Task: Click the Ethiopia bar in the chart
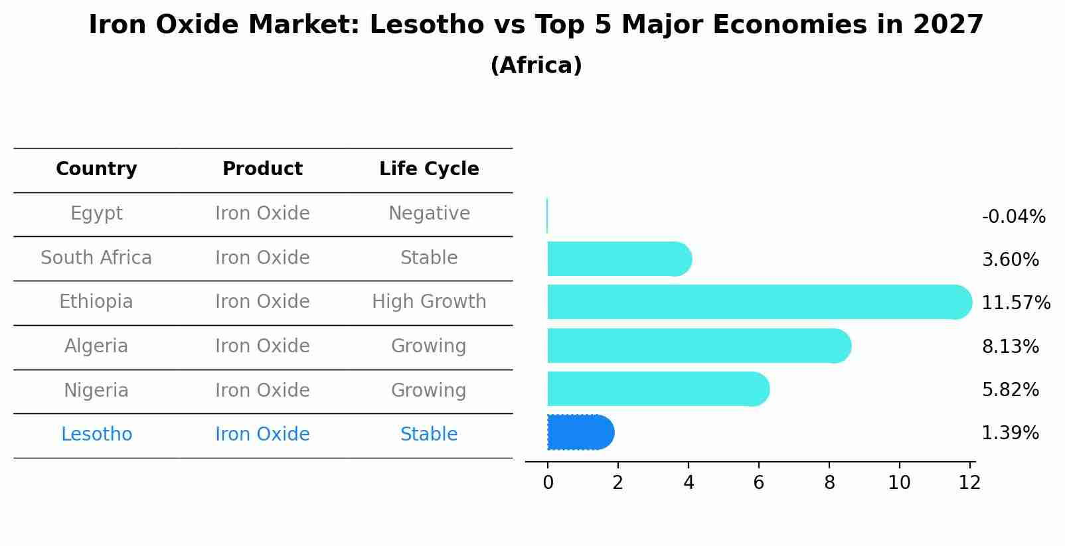click(x=757, y=302)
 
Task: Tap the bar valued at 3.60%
click(x=617, y=259)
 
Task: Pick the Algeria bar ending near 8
click(x=697, y=346)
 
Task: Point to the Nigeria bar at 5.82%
click(x=657, y=389)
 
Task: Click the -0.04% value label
click(x=1013, y=217)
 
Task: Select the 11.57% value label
click(x=1015, y=303)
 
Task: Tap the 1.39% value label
click(x=1010, y=433)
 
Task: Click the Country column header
click(x=96, y=169)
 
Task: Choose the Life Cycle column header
click(x=429, y=169)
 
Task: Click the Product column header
click(x=262, y=169)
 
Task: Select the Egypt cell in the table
click(x=96, y=214)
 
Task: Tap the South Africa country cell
click(x=96, y=258)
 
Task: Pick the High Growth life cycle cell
click(x=429, y=302)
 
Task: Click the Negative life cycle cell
click(x=429, y=214)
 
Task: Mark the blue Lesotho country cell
click(x=96, y=435)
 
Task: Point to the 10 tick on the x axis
click(x=899, y=483)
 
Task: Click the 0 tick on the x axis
click(x=548, y=483)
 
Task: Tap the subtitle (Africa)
click(x=536, y=66)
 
